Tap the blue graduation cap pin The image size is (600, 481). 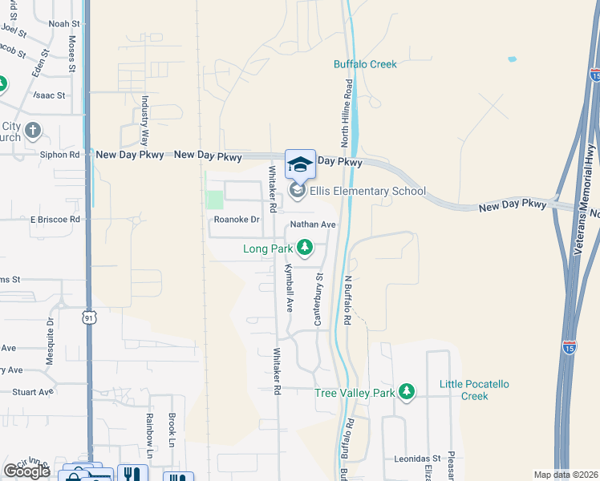(x=300, y=165)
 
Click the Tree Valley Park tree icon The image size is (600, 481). (x=407, y=391)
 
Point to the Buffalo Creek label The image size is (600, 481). (x=365, y=64)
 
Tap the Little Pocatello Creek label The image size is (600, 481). (x=475, y=390)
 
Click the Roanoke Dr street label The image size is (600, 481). (x=237, y=220)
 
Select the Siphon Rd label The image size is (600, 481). (x=64, y=154)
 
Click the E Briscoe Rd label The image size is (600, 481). (x=55, y=219)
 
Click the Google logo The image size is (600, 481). (x=26, y=471)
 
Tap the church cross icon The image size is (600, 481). (x=33, y=129)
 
